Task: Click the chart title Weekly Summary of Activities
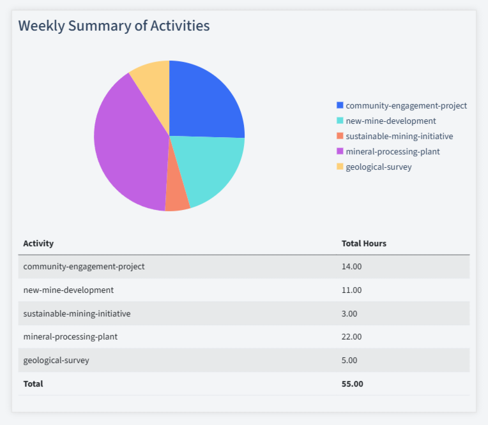114,26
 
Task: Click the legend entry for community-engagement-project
406,105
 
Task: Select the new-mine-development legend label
390,121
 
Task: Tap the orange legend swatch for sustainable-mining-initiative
340,136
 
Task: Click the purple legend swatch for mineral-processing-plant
340,151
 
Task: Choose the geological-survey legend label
378,167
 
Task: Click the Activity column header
38,243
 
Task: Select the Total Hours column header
363,243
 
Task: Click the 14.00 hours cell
351,266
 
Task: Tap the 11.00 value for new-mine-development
351,290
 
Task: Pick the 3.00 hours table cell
349,313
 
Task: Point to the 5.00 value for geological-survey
349,360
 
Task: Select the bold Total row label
33,384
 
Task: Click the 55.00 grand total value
352,384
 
